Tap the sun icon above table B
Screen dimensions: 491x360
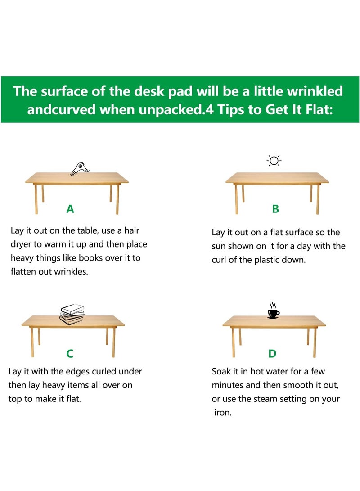tap(274, 161)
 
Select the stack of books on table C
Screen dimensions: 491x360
tap(72, 314)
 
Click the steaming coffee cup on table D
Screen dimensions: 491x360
tap(273, 310)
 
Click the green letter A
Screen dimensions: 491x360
tap(70, 209)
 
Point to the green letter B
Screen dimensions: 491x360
tap(275, 209)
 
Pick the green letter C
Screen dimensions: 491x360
tap(70, 354)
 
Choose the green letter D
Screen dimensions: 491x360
tap(272, 354)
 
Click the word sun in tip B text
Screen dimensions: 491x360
tap(220, 247)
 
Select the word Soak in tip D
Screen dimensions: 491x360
tap(222, 372)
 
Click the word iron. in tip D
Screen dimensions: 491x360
tap(222, 413)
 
